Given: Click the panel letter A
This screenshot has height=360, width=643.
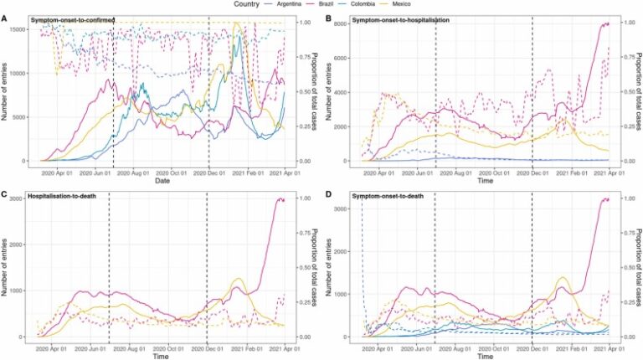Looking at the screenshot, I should pyautogui.click(x=5, y=18).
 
